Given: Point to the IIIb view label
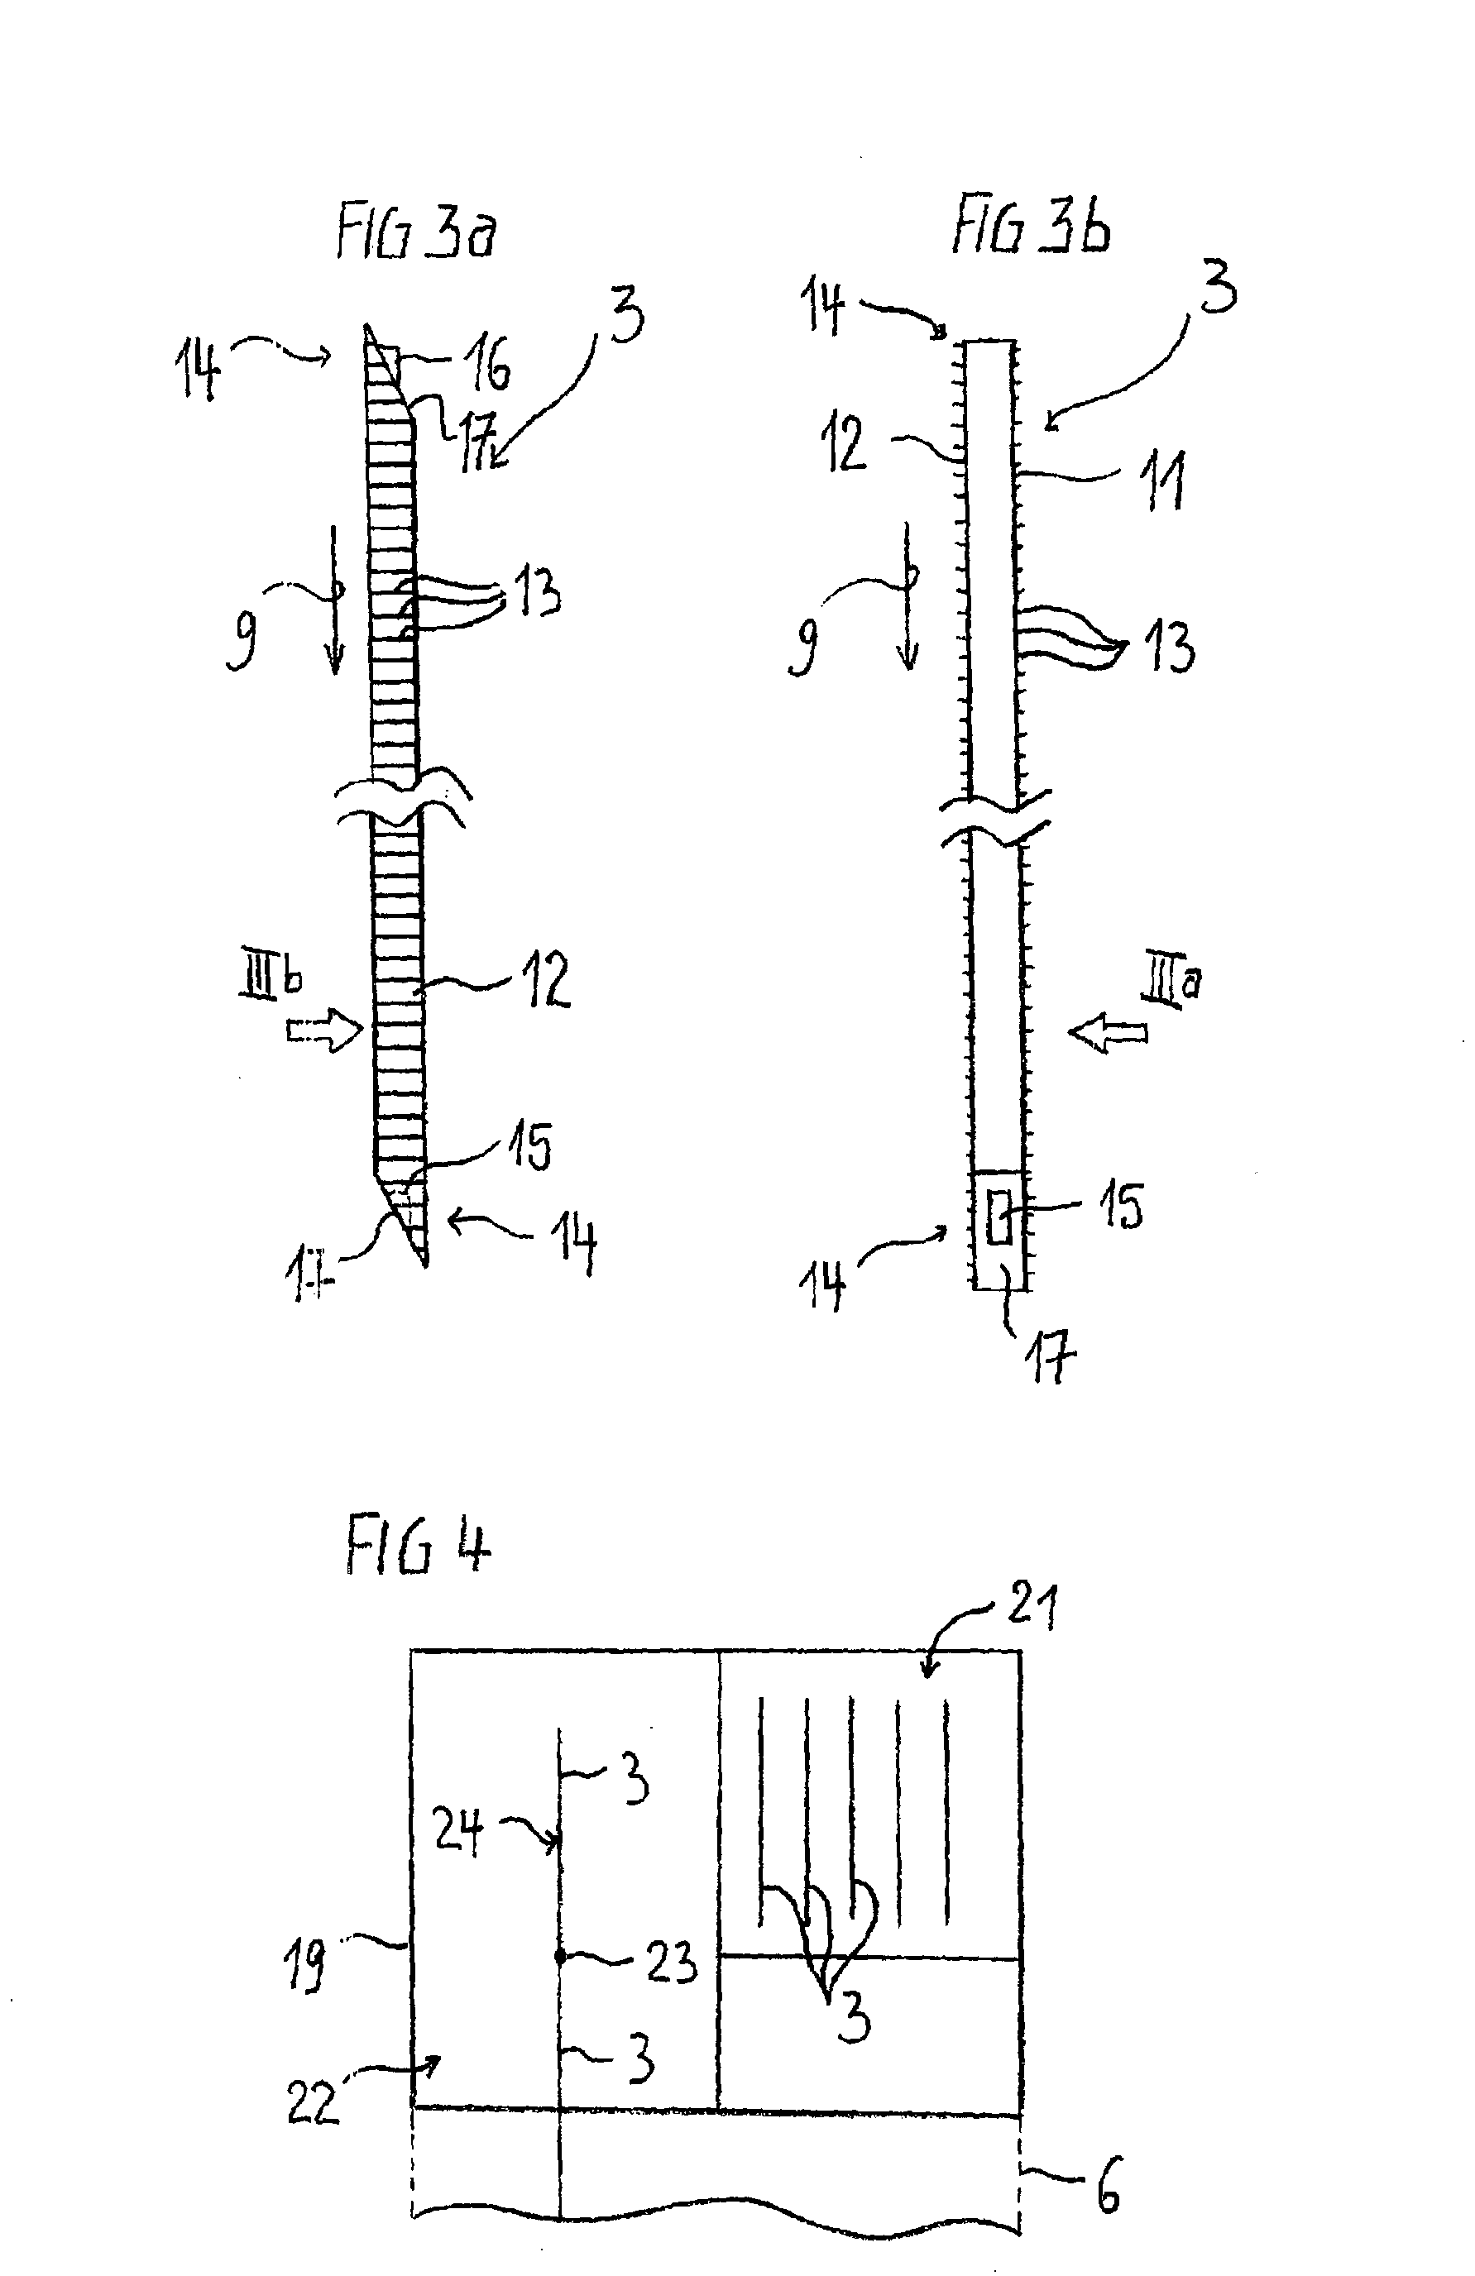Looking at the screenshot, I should click(x=271, y=979).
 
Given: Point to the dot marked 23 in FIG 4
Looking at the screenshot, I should click(x=559, y=1957).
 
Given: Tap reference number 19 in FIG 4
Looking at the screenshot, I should click(x=305, y=1965).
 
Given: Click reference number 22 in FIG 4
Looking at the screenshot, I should click(x=313, y=2103).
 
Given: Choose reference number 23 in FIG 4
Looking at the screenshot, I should click(x=671, y=1963).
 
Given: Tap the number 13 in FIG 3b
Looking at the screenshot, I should click(x=1169, y=648).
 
